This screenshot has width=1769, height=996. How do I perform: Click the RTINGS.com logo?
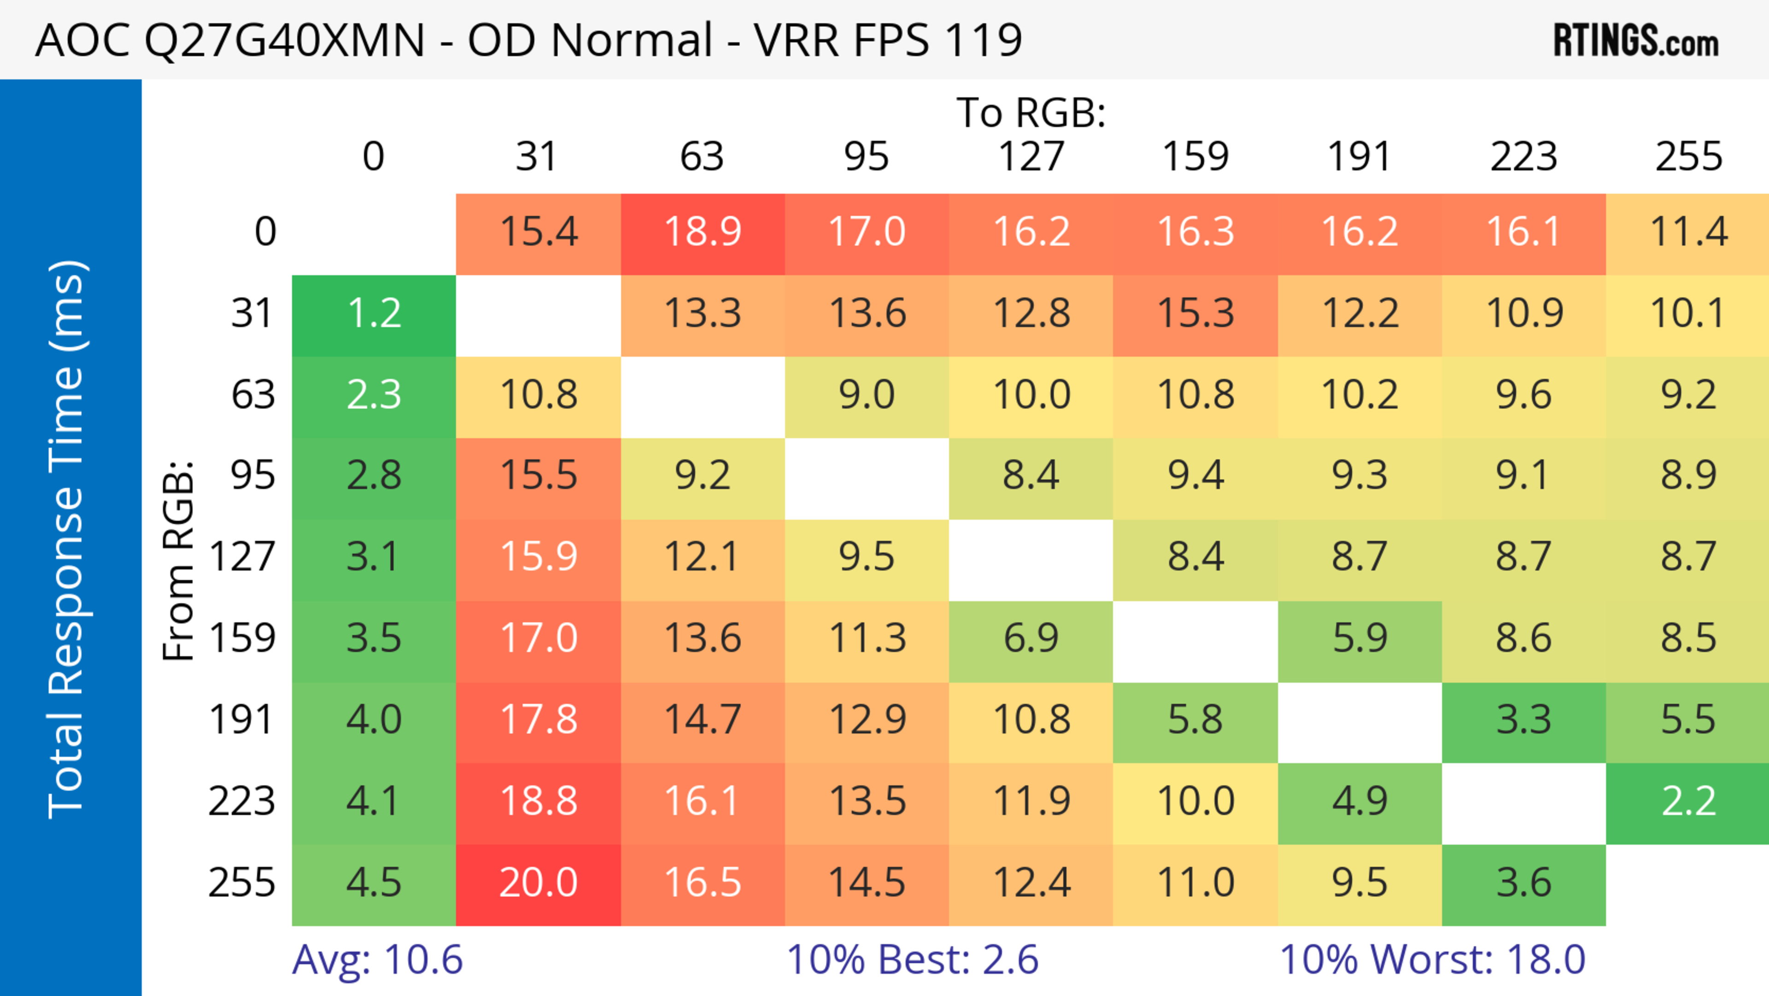[1636, 40]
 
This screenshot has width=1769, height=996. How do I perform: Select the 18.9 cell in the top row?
[703, 232]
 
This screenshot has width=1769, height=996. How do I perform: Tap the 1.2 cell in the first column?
[374, 314]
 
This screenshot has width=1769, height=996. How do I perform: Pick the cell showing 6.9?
[1031, 639]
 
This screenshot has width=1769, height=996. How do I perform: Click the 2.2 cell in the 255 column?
[1688, 802]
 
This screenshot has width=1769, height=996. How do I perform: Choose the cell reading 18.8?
[539, 802]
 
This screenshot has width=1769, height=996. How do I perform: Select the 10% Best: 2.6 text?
[912, 960]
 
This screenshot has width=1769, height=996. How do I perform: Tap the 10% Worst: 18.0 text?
[1433, 960]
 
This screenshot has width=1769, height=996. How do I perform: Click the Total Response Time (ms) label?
[67, 539]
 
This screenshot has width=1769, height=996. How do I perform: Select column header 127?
[1031, 157]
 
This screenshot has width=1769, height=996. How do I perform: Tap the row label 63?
[253, 395]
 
